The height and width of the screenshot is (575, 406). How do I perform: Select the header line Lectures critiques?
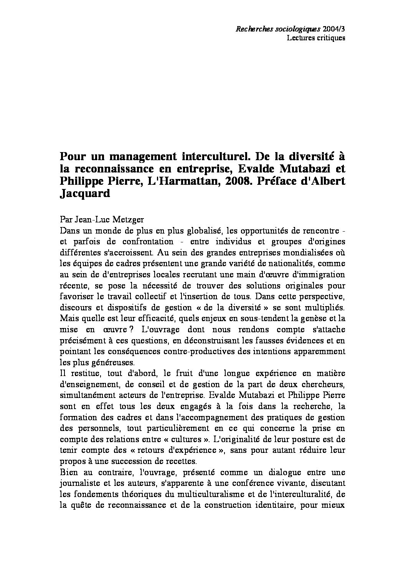(x=316, y=38)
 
